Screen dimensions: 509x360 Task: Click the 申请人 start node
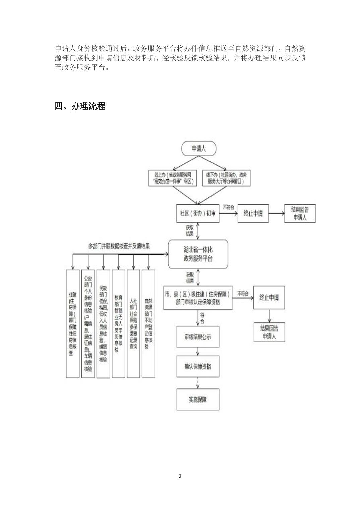pyautogui.click(x=198, y=149)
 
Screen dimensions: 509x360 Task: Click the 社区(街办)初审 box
pyautogui.click(x=198, y=213)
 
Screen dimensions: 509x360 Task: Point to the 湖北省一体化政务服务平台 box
pyautogui.click(x=198, y=254)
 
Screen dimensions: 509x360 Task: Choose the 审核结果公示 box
pyautogui.click(x=198, y=337)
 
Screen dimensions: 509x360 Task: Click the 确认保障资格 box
pyautogui.click(x=198, y=366)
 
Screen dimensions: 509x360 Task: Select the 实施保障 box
pyautogui.click(x=198, y=399)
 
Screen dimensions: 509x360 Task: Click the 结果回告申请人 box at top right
pyautogui.click(x=300, y=213)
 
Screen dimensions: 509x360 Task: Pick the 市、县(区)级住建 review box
pyautogui.click(x=197, y=298)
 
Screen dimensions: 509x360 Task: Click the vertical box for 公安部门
pyautogui.click(x=88, y=324)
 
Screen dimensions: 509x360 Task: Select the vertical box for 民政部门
pyautogui.click(x=103, y=324)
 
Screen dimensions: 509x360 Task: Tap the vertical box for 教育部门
pyautogui.click(x=118, y=324)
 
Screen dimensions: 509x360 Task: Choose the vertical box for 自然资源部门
pyautogui.click(x=148, y=324)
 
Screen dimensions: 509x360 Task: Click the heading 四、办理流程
pyautogui.click(x=80, y=106)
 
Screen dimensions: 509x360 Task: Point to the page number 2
pyautogui.click(x=180, y=476)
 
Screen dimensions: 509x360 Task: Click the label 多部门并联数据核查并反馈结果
pyautogui.click(x=119, y=246)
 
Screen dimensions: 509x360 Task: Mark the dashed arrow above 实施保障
pyautogui.click(x=198, y=382)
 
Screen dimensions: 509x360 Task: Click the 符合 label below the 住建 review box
pyautogui.click(x=202, y=318)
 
